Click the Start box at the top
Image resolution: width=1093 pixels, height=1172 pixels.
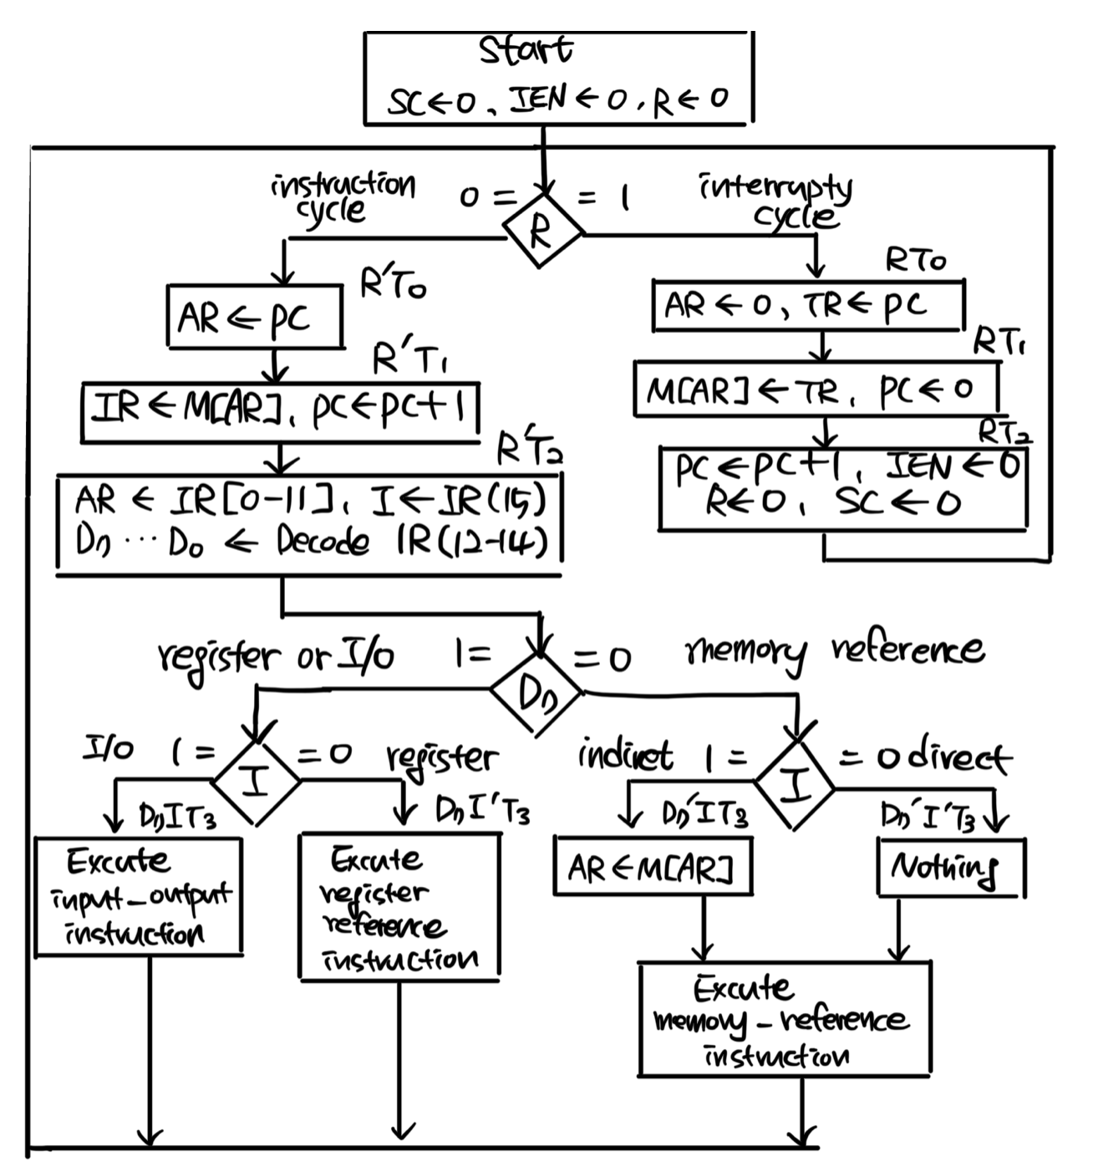[x=558, y=78]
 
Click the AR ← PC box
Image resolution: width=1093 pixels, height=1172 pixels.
[x=255, y=318]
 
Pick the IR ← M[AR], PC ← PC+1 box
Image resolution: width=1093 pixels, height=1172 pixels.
[x=281, y=411]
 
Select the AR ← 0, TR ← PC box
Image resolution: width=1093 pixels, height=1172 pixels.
[x=808, y=305]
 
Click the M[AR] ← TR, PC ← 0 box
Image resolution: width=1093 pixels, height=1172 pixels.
[x=815, y=389]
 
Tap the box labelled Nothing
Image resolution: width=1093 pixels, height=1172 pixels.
[x=951, y=867]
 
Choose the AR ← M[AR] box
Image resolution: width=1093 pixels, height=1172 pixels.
[x=653, y=867]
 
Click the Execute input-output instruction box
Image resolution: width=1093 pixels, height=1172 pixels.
[x=139, y=896]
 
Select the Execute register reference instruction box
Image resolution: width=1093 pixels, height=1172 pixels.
[x=399, y=905]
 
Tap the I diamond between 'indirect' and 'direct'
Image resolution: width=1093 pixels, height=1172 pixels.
[x=795, y=783]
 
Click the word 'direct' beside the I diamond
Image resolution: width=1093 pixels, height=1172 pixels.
[x=959, y=757]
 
